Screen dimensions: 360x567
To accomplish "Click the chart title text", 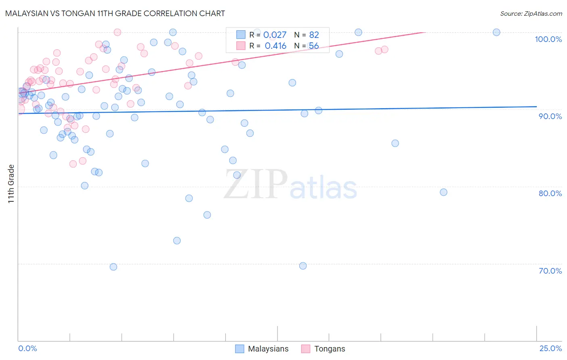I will click(x=115, y=13).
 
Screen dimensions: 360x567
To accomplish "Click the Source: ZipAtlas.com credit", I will click(x=531, y=13).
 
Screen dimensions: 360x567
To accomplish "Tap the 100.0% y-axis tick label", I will click(x=548, y=39).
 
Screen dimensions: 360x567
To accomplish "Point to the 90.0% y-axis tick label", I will click(x=550, y=116).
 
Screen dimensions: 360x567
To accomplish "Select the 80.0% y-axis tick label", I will click(x=550, y=193).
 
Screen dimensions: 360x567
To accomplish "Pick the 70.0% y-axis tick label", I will click(x=550, y=271).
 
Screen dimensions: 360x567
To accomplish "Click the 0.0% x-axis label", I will click(x=27, y=348).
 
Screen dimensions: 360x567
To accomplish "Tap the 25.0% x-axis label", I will click(x=550, y=348).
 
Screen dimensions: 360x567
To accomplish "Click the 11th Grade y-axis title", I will click(x=11, y=184).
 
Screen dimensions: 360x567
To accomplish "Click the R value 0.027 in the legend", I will click(x=275, y=35).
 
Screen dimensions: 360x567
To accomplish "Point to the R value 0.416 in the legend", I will click(x=275, y=46).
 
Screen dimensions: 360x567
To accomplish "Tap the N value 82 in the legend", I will click(x=314, y=35).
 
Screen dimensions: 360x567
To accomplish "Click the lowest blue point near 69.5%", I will click(x=113, y=267).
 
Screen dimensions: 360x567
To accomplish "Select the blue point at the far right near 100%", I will click(x=496, y=32).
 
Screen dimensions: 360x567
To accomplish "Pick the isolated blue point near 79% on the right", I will click(x=443, y=192).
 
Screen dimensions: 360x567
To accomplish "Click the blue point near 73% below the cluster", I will click(x=177, y=241).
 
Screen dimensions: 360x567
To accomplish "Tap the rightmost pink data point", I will click(x=384, y=49).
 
